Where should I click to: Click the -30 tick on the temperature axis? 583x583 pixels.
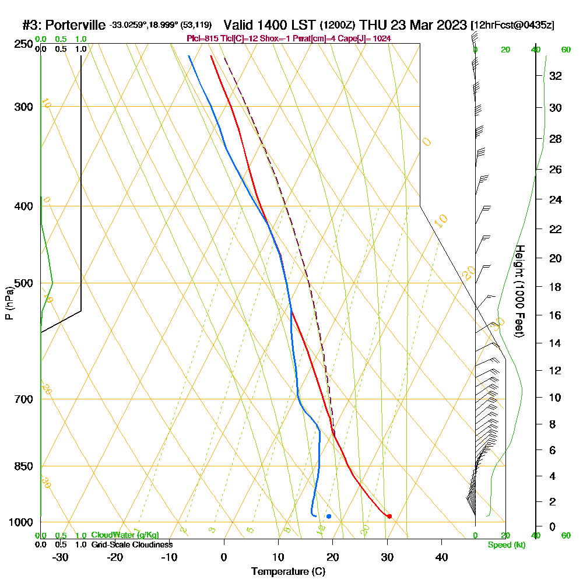tap(61, 557)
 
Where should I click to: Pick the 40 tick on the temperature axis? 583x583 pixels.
tap(441, 557)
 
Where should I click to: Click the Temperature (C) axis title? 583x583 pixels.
tap(288, 571)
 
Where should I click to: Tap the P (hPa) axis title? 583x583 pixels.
tap(9, 303)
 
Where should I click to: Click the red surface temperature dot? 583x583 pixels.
tap(389, 516)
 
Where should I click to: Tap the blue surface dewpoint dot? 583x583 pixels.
tap(329, 516)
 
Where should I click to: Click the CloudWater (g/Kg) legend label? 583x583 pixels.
tap(125, 535)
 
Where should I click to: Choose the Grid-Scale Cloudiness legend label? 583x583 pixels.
tap(132, 545)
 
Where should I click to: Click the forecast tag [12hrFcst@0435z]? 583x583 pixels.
tap(512, 26)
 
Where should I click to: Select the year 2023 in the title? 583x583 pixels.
tap(449, 25)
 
